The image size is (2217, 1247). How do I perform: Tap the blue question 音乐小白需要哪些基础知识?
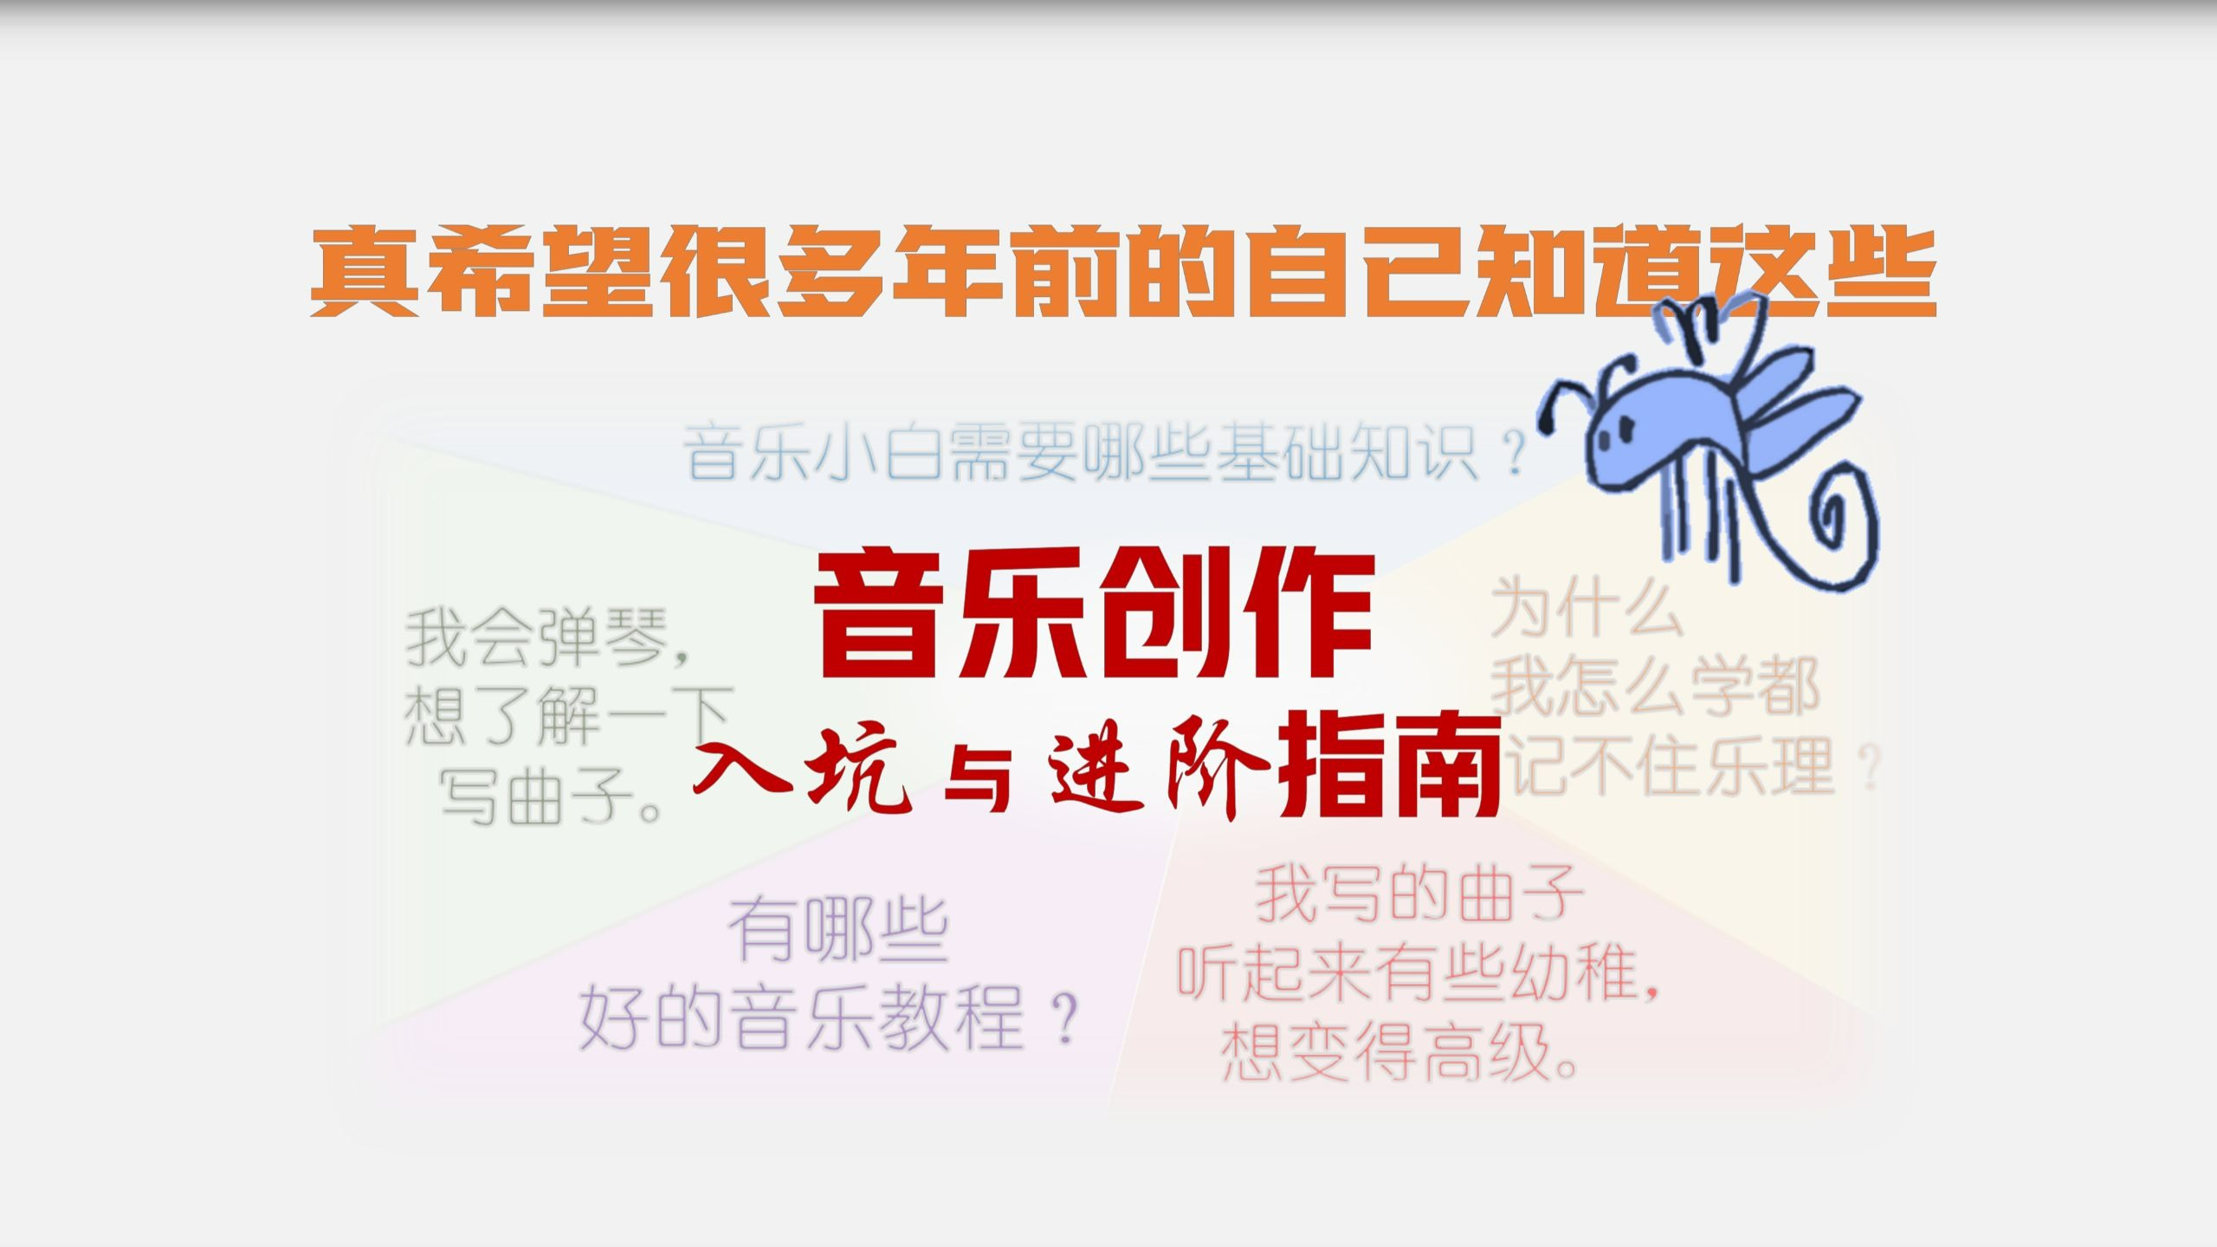[1105, 452]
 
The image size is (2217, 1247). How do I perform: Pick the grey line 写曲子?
[554, 795]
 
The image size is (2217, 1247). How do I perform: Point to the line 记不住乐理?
[1688, 766]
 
